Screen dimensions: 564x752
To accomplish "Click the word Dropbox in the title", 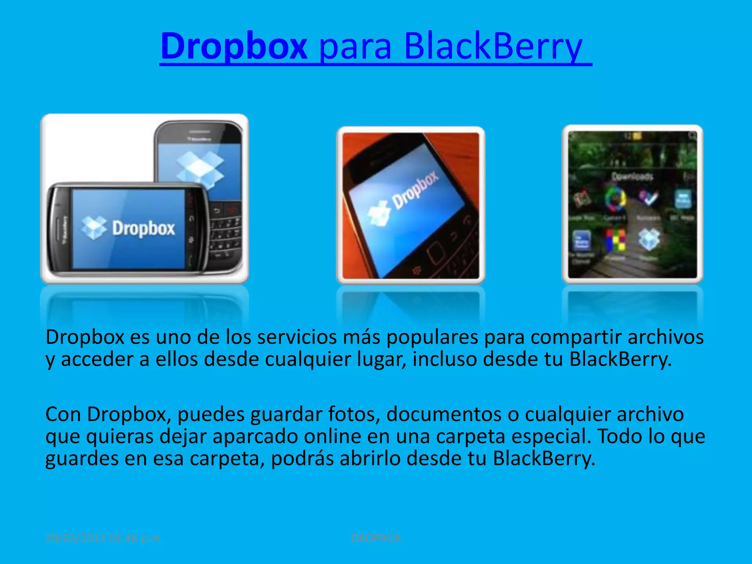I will coord(234,46).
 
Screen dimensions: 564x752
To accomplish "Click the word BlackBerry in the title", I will coord(493,46).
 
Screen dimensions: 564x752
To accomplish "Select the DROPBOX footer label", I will coord(376,538).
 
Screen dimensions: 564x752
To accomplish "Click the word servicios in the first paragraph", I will coord(296,337).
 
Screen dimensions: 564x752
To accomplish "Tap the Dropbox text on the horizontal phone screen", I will coord(144,228).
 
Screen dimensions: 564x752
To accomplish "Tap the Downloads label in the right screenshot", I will coord(632,177).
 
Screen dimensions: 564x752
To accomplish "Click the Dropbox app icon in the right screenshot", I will coord(649,239).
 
